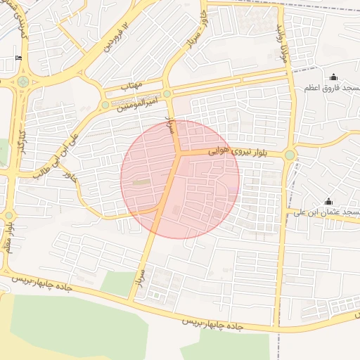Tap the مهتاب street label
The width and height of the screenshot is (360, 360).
(x=131, y=85)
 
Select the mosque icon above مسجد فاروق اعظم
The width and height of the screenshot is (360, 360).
(x=333, y=77)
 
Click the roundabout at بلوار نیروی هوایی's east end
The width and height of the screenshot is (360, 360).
(x=290, y=155)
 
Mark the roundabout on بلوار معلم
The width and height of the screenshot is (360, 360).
(x=9, y=215)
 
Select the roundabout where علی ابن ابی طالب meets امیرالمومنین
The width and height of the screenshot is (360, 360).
(x=105, y=105)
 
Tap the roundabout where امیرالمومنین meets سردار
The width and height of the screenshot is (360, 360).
(x=167, y=94)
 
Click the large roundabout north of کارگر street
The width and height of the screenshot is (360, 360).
(x=23, y=82)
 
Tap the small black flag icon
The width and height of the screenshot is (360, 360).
(x=18, y=58)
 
